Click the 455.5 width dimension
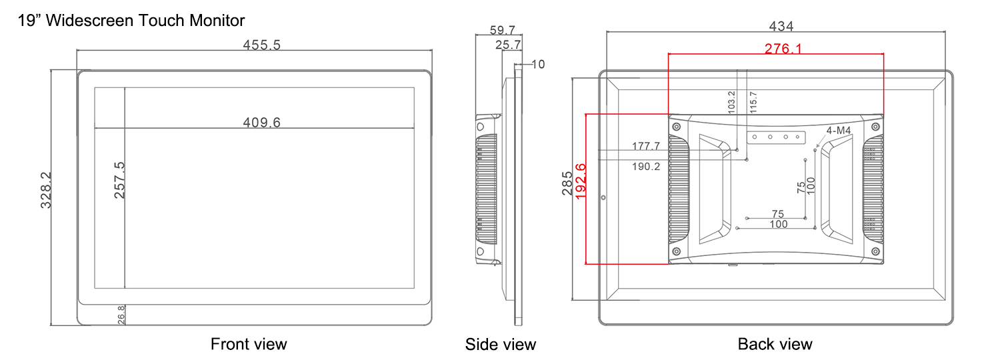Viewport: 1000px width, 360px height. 261,45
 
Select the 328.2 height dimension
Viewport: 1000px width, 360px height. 46,190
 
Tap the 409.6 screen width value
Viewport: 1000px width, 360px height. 261,123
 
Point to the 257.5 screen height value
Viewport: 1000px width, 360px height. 119,180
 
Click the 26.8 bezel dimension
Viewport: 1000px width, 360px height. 121,315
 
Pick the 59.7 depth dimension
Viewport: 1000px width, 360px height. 503,31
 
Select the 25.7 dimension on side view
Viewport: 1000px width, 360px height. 508,45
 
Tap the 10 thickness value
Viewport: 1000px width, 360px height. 539,64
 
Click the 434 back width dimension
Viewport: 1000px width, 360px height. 781,27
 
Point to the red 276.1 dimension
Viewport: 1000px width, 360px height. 783,48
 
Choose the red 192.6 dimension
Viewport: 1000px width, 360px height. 581,181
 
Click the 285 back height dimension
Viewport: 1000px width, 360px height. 567,183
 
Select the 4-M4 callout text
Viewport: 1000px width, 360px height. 839,131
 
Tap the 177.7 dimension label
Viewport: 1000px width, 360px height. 645,146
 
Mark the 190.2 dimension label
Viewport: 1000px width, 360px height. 645,167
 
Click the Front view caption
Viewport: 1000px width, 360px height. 249,344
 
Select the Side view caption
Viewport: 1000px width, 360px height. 501,345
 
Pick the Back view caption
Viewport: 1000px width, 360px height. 775,344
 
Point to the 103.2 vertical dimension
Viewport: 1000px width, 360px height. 731,102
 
